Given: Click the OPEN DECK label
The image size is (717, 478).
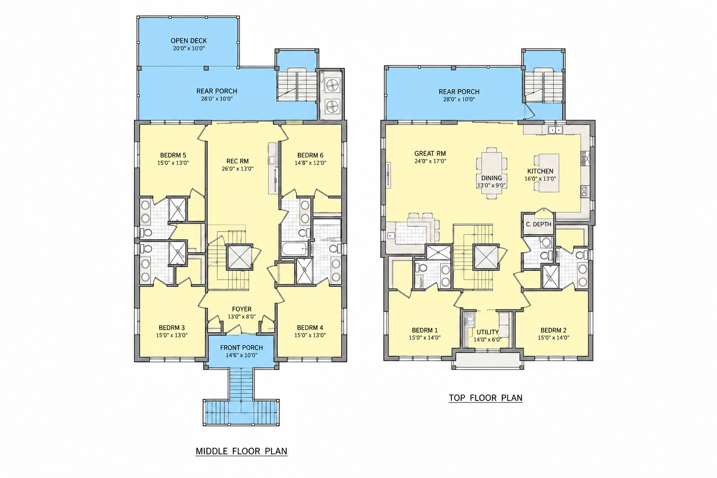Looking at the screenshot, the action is point(189,41).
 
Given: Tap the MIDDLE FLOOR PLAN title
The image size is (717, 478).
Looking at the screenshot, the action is point(241,451).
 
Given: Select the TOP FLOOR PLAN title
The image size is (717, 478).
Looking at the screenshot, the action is point(485,398).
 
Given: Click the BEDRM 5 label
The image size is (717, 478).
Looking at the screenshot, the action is point(173,155).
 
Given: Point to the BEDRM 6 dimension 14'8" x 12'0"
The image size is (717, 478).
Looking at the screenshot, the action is point(310,162).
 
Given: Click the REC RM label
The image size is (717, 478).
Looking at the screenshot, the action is point(237,162).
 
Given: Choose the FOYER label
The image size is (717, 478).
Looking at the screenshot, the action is point(242,309).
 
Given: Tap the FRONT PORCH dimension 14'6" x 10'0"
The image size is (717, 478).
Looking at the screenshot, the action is point(241,355).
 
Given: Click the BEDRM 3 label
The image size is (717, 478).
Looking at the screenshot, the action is point(172,328).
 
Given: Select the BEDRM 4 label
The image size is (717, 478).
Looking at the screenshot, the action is point(310,328).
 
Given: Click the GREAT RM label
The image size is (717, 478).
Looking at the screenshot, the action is point(430,154).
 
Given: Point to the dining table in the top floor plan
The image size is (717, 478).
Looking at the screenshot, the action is point(492,173).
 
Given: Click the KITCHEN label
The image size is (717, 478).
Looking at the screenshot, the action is point(540,171).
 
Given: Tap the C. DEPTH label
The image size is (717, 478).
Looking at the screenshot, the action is point(538,225).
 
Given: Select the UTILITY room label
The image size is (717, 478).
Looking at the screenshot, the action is point(487,332).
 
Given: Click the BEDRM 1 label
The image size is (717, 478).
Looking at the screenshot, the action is point(424,330).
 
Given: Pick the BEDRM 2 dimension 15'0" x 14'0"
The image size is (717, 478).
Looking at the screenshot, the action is point(553,338).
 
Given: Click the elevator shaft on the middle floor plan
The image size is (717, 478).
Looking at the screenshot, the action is point(238,257).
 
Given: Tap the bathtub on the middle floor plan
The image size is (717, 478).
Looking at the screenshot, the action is point(295,249).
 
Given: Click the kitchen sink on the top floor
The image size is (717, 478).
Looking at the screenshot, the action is point(555,130).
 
